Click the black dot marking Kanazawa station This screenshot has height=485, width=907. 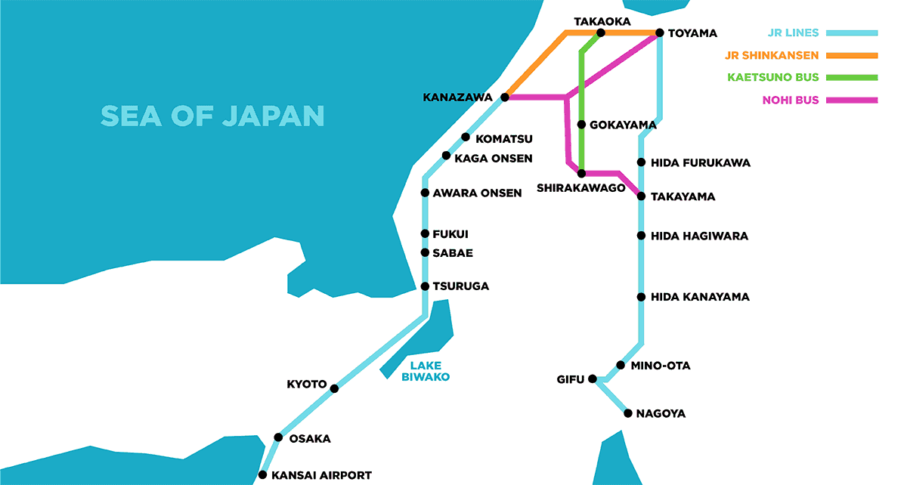(x=506, y=97)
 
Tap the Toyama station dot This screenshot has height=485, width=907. (x=660, y=33)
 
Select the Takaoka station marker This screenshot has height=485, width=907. (x=601, y=33)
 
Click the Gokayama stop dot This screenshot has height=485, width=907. (x=581, y=125)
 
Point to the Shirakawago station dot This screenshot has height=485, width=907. (x=581, y=174)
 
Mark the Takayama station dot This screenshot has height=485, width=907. (x=641, y=196)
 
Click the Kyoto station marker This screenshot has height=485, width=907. (x=334, y=388)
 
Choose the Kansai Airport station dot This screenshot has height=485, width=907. (x=262, y=475)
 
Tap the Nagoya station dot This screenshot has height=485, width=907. (x=627, y=413)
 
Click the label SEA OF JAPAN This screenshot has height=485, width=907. (x=213, y=116)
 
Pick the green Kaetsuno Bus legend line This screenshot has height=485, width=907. (x=853, y=77)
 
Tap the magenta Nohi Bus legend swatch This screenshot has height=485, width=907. (x=853, y=100)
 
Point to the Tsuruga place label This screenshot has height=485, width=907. (x=460, y=286)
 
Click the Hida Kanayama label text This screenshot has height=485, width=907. (x=700, y=297)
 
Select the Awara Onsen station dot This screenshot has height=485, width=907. (x=426, y=193)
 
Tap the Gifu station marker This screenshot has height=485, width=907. (x=593, y=378)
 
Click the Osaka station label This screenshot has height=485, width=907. (x=310, y=438)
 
